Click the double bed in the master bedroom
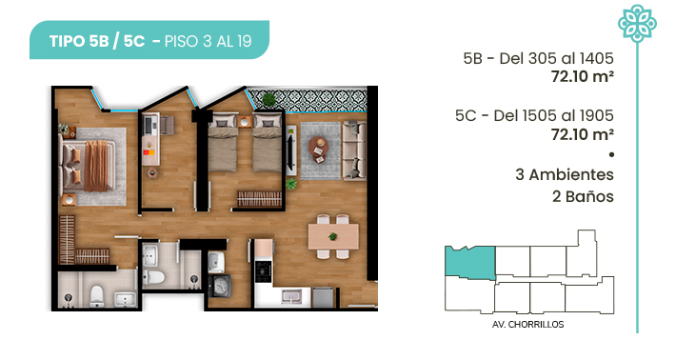point(88,166)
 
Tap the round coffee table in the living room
point(318,147)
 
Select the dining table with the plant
point(333,236)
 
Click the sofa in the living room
point(354,150)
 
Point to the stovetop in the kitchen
point(264,270)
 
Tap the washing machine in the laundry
point(219,287)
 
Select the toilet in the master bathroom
point(97,295)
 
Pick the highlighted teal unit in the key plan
point(470,262)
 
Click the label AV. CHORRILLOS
point(527,324)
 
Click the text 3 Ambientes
point(565,174)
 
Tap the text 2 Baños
point(583,196)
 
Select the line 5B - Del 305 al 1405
point(538,58)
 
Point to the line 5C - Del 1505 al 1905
point(534,115)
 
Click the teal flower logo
point(637,23)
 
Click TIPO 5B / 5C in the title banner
point(97,41)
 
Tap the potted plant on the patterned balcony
point(269,100)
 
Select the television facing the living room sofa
point(291,150)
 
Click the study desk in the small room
point(150,140)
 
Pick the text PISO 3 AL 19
point(208,41)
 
